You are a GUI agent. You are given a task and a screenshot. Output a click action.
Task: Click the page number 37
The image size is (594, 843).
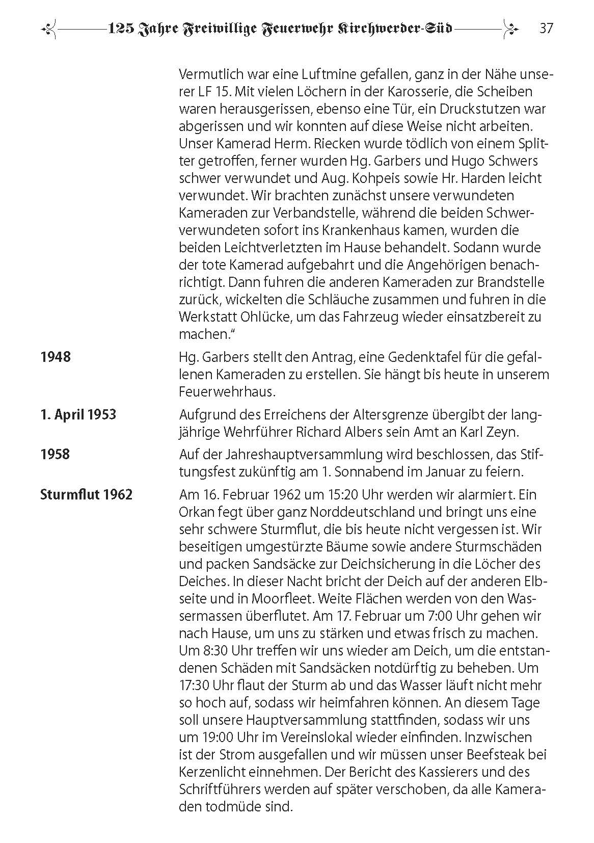(x=546, y=28)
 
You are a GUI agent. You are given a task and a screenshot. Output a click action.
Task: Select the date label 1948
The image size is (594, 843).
(x=56, y=357)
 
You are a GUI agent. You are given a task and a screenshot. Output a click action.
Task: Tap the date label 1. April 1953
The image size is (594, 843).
(x=78, y=414)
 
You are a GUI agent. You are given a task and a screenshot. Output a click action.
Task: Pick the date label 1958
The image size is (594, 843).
(x=56, y=454)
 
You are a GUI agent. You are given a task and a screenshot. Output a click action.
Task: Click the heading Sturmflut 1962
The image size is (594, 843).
(x=86, y=494)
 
